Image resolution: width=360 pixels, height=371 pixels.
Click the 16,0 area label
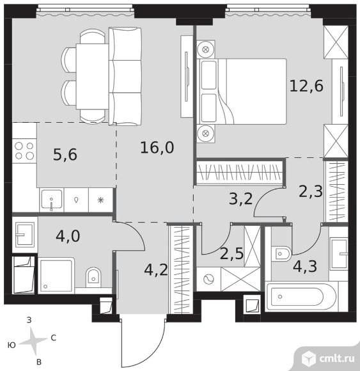click(157, 148)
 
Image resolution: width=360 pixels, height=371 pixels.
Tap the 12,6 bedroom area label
click(306, 86)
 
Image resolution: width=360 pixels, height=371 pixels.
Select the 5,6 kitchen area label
click(65, 155)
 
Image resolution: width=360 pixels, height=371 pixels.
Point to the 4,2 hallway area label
click(156, 270)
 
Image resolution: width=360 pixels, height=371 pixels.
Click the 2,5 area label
click(231, 253)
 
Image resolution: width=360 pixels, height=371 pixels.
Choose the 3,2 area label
click(241, 198)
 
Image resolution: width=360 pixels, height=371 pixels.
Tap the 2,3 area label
click(311, 191)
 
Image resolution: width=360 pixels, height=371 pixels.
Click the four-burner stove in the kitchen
click(24, 151)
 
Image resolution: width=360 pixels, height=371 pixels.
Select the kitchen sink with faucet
click(52, 200)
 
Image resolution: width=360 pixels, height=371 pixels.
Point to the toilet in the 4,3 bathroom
click(281, 254)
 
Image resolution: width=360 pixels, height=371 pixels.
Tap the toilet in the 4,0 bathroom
click(93, 278)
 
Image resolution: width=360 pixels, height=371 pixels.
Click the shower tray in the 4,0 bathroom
click(56, 276)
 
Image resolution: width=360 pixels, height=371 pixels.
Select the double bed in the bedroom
click(242, 91)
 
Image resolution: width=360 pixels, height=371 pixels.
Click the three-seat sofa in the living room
click(125, 76)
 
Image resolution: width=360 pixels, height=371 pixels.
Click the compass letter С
click(54, 338)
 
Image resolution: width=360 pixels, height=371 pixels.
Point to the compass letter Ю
click(12, 345)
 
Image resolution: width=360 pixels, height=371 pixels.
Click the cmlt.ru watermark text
click(337, 358)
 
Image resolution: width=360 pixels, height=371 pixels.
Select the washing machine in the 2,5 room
click(208, 279)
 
